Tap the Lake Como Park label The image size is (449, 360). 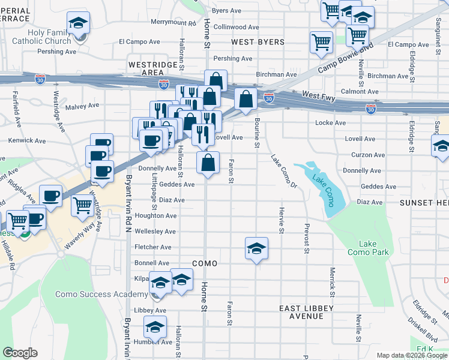click(x=367, y=248)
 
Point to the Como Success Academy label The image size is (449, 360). click(x=101, y=294)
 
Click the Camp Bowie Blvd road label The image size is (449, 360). click(x=354, y=55)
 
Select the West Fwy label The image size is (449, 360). click(x=322, y=95)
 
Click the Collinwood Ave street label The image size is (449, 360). click(x=237, y=27)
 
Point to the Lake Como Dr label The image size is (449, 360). click(x=284, y=171)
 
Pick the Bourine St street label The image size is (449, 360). click(x=256, y=133)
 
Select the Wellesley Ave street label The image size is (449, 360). click(x=155, y=231)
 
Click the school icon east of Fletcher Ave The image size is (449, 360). click(x=256, y=248)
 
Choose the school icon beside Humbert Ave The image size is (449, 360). click(x=155, y=328)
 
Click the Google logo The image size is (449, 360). click(x=20, y=353)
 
